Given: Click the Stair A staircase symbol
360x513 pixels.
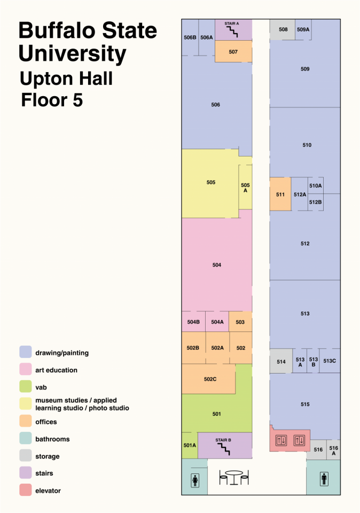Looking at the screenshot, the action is point(232,32).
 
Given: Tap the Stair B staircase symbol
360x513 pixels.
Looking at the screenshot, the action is point(224,449).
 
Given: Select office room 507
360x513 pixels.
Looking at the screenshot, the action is point(233,51).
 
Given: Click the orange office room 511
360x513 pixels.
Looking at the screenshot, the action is point(280,194).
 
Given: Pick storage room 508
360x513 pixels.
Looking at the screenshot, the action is point(283,29).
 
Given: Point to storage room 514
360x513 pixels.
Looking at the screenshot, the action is point(281,361).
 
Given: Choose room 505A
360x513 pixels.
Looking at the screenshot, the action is point(245,187).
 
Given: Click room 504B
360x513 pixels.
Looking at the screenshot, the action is point(193,322).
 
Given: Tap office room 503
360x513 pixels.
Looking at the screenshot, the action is point(240,322).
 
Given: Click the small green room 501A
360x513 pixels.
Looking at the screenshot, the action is point(190,445).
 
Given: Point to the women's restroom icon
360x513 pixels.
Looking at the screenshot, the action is point(195,480).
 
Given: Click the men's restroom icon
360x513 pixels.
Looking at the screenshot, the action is point(324,479).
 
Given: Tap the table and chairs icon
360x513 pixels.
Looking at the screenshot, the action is point(234,477).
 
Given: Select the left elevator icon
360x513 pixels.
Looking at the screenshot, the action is point(281,440).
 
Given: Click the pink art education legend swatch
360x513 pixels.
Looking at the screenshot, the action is point(26,369).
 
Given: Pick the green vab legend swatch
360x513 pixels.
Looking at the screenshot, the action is point(26,386).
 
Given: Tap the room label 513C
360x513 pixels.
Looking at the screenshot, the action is point(330,361).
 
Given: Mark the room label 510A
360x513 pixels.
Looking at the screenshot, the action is point(316,185).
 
